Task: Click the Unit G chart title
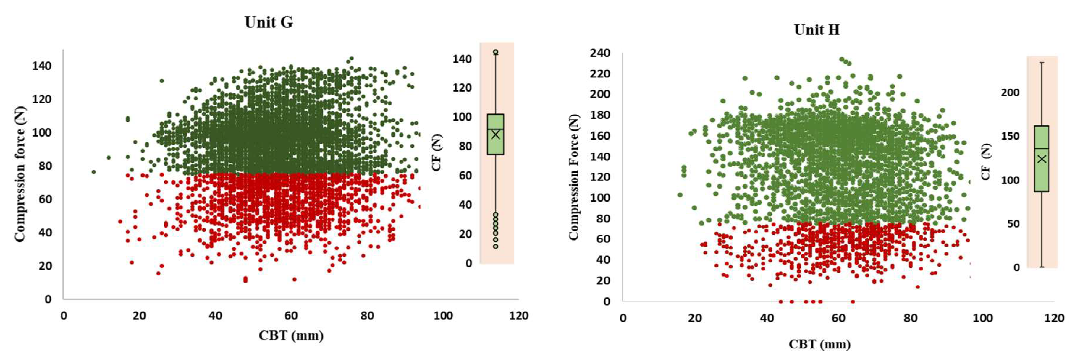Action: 269,22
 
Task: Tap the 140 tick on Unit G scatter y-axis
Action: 42,66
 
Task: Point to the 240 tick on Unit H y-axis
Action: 600,53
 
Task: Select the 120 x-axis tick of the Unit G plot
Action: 518,316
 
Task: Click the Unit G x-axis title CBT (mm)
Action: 291,335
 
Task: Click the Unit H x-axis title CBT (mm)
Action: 819,345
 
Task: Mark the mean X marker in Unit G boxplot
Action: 495,134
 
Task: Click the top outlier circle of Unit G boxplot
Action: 495,52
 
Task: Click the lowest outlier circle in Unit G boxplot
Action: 495,247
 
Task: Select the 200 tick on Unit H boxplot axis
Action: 1010,93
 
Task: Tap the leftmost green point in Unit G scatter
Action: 93,172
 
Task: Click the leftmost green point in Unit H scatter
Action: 680,195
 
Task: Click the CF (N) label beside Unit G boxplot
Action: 436,153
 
